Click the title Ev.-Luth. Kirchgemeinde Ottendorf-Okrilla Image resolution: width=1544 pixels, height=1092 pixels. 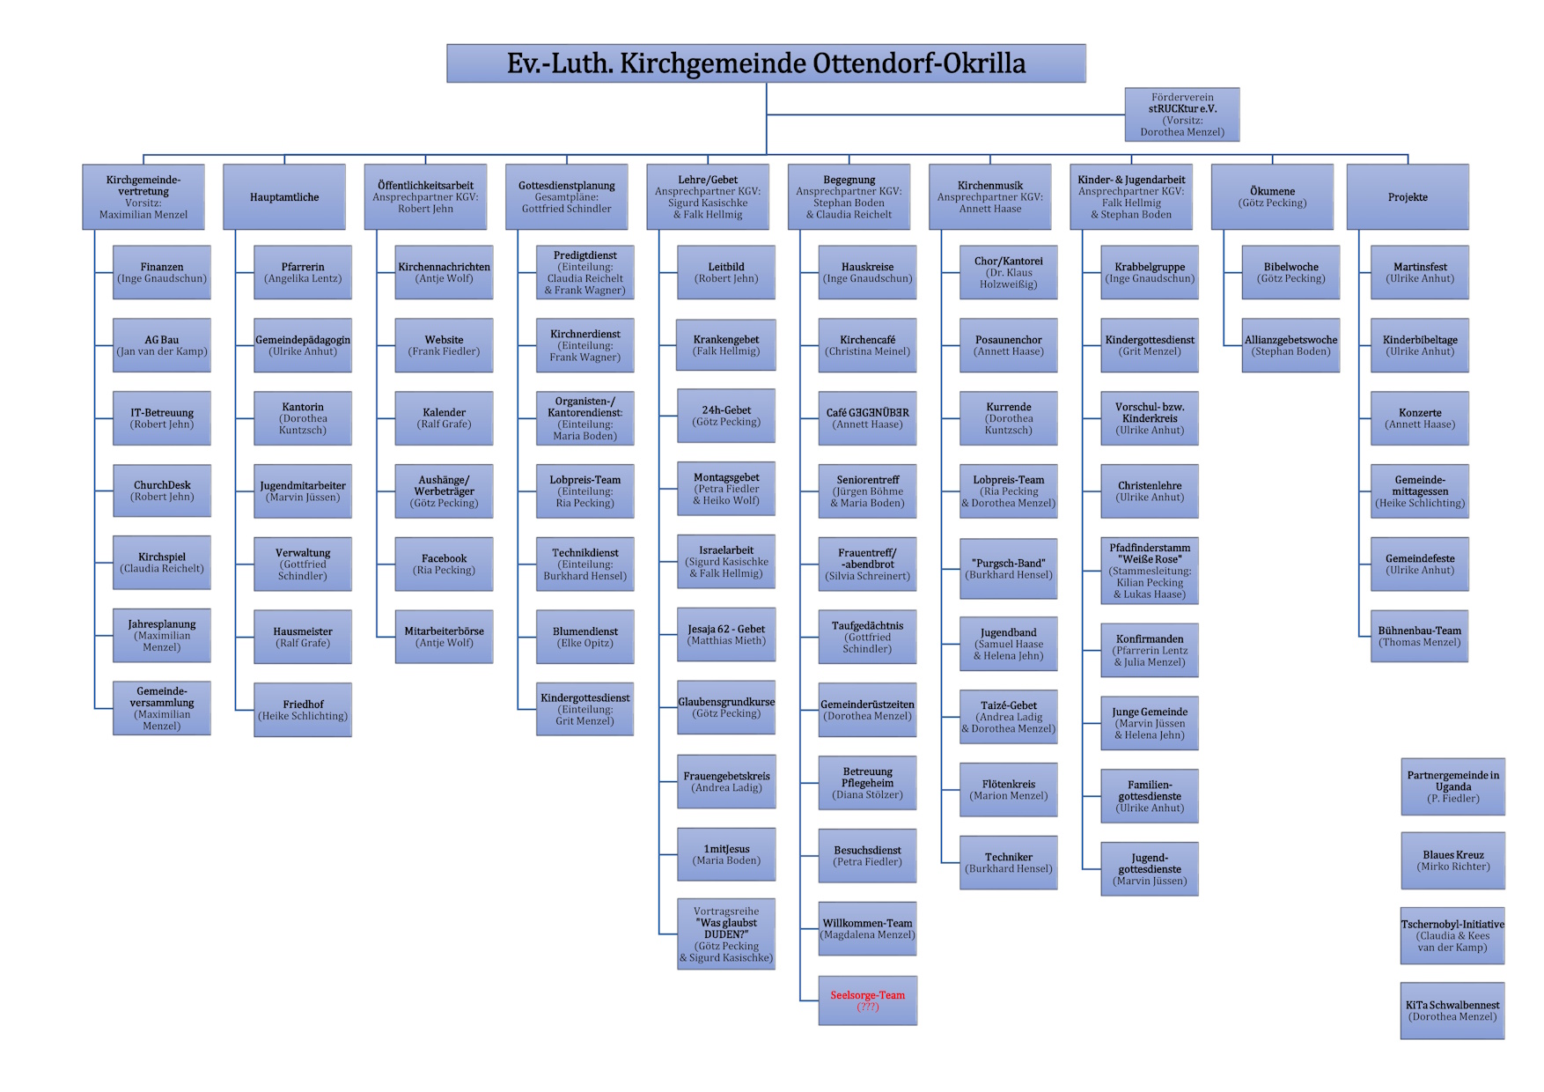766,63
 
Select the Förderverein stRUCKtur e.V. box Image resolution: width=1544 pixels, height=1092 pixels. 1182,114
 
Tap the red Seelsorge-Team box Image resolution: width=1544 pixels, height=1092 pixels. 867,1000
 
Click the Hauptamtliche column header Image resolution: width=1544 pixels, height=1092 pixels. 284,197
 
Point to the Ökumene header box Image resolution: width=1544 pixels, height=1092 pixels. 1272,197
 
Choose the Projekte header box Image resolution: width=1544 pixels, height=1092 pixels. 1408,197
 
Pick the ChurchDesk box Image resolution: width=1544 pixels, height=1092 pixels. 162,491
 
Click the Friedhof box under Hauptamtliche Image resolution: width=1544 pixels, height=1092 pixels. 303,710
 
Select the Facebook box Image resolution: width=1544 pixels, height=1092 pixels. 444,564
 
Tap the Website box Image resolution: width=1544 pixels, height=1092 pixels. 444,345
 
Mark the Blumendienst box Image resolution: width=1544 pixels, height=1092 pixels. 585,637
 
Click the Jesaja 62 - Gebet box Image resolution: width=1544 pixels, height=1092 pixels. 726,635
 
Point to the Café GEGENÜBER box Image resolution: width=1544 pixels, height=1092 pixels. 867,418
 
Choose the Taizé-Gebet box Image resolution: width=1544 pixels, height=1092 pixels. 1009,717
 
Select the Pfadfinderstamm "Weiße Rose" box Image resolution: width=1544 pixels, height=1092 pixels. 1150,571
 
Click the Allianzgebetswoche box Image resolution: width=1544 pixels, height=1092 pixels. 1290,345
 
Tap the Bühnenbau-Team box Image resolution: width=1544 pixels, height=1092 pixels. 1419,636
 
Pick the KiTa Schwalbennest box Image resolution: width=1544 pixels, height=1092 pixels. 1452,1011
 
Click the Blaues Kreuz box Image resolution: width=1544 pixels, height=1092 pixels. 1452,860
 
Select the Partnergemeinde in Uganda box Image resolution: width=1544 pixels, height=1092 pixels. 1452,786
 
